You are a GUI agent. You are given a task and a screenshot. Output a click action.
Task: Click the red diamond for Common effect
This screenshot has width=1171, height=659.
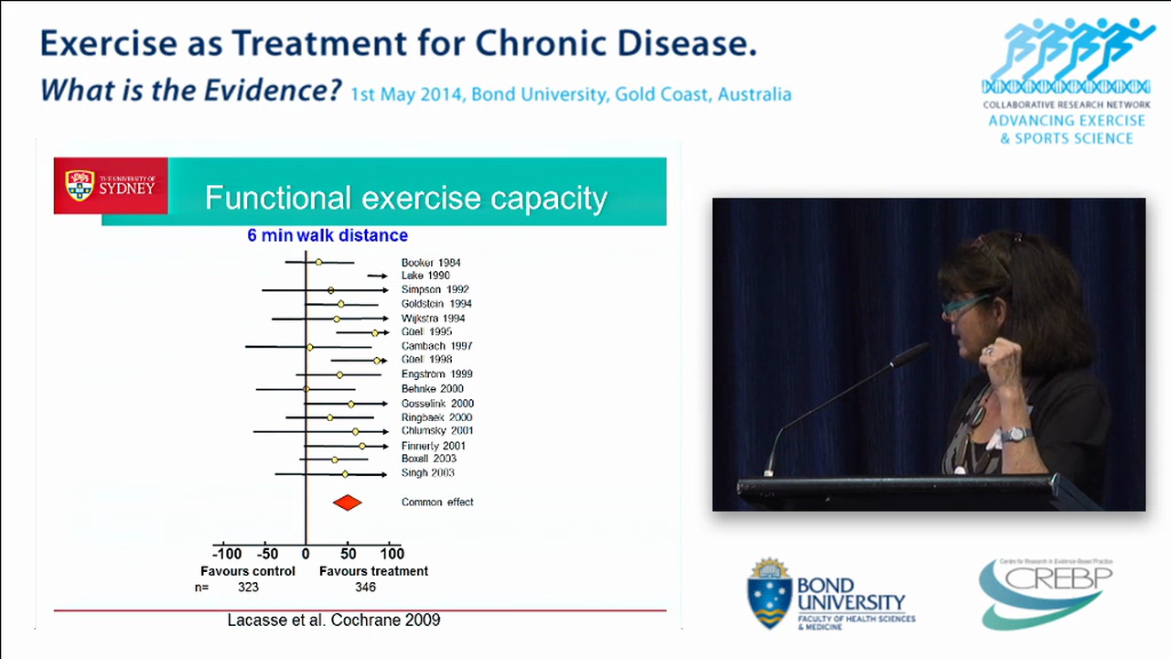coord(347,502)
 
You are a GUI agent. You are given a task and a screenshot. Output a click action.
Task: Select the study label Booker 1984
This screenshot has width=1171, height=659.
coord(430,263)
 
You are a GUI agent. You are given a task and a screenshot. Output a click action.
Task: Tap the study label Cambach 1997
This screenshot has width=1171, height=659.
coord(436,346)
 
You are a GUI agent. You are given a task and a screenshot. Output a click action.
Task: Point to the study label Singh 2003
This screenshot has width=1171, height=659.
coord(427,473)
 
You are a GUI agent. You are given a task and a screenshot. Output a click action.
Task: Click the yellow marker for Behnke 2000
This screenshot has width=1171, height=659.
coord(306,389)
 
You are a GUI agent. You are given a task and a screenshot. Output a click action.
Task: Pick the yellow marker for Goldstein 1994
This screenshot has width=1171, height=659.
coord(340,304)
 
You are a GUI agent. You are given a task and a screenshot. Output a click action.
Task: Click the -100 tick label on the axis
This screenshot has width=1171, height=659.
coord(227,554)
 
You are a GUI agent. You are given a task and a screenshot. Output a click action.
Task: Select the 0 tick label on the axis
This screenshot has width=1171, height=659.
coord(306,554)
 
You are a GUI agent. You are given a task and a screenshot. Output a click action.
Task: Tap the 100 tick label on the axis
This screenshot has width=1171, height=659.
coord(391,554)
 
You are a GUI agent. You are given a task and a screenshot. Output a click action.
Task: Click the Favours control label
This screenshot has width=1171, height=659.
coord(248,571)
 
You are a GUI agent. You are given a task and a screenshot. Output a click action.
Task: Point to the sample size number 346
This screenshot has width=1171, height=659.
coord(365,588)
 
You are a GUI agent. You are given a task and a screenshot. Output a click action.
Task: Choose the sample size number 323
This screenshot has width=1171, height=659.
coord(248,588)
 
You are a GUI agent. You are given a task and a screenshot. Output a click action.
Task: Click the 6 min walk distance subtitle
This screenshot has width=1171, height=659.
coord(328,235)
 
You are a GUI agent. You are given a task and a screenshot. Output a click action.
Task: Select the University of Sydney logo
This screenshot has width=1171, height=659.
coord(110,186)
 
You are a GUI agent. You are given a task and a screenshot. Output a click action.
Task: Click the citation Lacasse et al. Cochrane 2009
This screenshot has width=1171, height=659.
coord(333,620)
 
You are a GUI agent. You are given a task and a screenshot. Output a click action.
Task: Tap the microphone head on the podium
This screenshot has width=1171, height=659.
coord(910,354)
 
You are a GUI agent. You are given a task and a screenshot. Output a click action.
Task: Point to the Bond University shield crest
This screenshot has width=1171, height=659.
coord(769,593)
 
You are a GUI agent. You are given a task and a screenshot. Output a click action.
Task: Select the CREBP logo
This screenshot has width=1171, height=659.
coord(1046,592)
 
